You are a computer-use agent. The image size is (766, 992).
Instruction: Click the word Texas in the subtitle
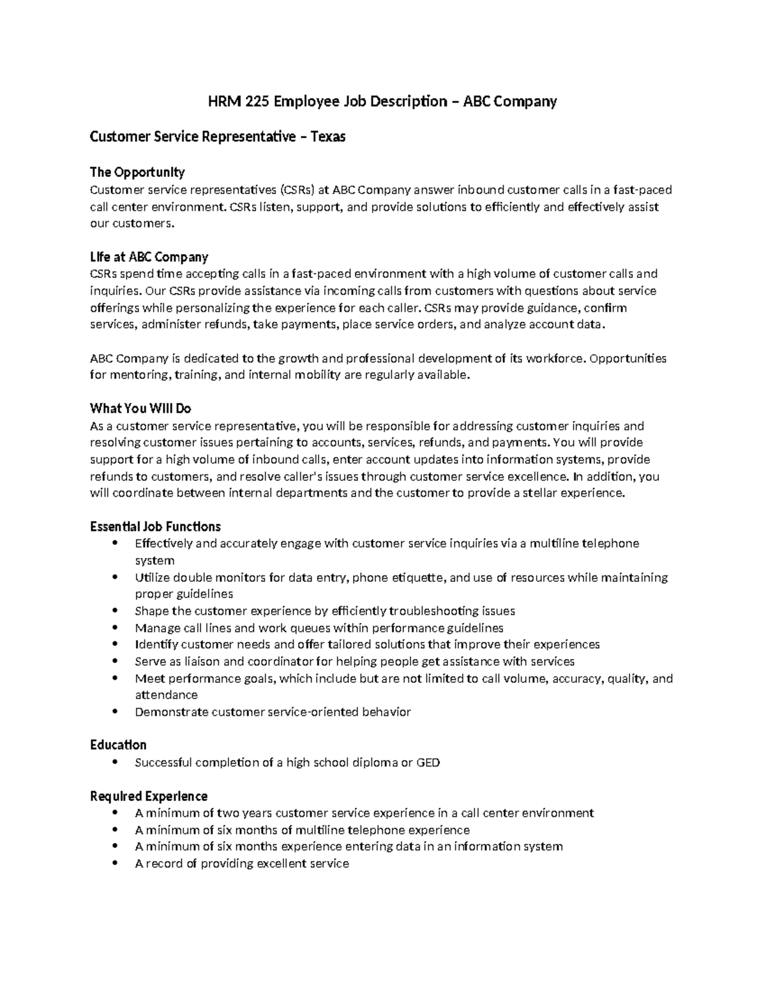point(327,137)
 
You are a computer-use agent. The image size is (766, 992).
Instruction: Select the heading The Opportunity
point(137,172)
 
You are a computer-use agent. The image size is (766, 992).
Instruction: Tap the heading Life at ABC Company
point(149,257)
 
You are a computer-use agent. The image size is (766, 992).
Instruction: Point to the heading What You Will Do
point(140,408)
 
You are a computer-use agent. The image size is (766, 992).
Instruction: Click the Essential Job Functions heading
point(155,526)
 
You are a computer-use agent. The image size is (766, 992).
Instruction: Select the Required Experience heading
point(148,796)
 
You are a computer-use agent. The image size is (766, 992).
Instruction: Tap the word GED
point(428,762)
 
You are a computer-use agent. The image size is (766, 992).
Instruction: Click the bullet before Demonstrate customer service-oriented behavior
point(115,711)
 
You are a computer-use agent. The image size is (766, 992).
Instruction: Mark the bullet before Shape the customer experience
point(115,611)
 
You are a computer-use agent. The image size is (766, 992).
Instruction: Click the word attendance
point(166,695)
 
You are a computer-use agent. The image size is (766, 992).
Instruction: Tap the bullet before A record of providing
point(115,863)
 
